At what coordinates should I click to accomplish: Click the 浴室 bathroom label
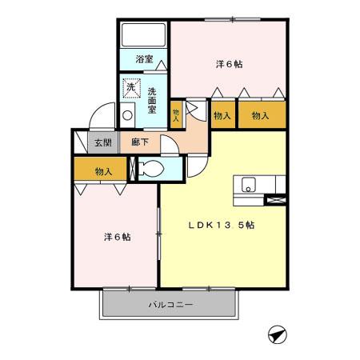click(144, 60)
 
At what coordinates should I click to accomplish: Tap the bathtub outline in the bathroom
click(143, 35)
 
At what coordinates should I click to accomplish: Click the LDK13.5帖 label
click(222, 226)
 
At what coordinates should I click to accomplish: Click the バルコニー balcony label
click(170, 305)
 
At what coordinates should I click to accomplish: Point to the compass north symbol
click(276, 334)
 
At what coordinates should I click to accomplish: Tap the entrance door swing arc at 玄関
click(98, 118)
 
